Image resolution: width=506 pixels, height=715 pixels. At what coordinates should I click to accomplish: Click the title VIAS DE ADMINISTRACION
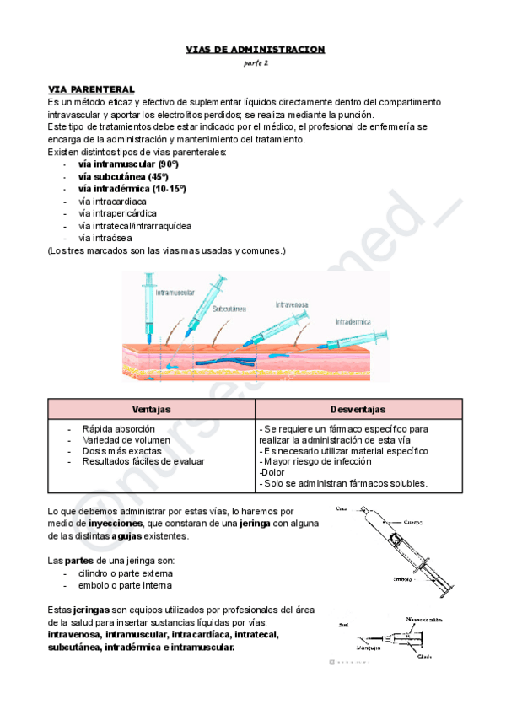(255, 49)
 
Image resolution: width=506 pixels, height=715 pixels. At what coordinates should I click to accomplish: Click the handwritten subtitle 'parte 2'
(255, 64)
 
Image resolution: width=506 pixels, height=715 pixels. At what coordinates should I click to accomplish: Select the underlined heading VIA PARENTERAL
(91, 89)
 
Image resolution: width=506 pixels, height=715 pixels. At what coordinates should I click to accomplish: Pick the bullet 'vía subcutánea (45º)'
(123, 176)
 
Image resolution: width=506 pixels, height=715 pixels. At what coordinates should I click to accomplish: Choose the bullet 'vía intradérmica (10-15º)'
(132, 189)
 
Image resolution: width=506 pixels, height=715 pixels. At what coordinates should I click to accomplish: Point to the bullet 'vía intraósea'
(105, 238)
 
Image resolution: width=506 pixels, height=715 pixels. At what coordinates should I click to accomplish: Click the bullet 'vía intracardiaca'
(112, 202)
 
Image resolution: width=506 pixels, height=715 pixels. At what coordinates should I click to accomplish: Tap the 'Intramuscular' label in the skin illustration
(174, 293)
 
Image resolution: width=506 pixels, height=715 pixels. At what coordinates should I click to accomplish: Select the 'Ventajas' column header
(152, 408)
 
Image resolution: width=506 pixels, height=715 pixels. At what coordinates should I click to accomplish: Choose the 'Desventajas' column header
(358, 408)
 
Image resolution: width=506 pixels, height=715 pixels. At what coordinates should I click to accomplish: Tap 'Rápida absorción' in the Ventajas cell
(118, 429)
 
